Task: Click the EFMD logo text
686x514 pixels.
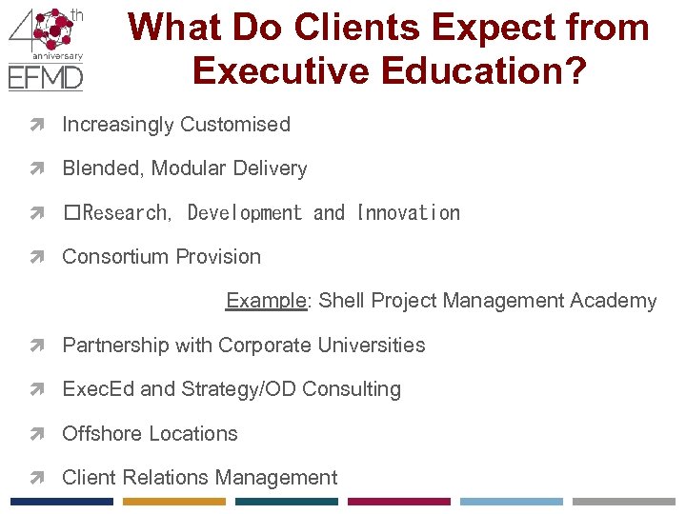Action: pos(46,76)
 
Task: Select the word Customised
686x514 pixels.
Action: pos(235,125)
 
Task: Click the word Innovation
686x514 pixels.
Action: pos(408,213)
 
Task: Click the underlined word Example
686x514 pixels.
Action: pos(266,302)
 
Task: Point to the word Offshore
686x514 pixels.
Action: pos(100,434)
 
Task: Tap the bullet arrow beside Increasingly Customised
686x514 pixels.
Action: pos(45,125)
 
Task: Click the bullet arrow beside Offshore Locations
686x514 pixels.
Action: pos(45,434)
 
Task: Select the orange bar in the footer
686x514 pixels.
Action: pos(174,502)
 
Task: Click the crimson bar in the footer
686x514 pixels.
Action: pos(399,502)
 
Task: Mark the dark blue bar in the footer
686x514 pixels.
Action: pos(62,502)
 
